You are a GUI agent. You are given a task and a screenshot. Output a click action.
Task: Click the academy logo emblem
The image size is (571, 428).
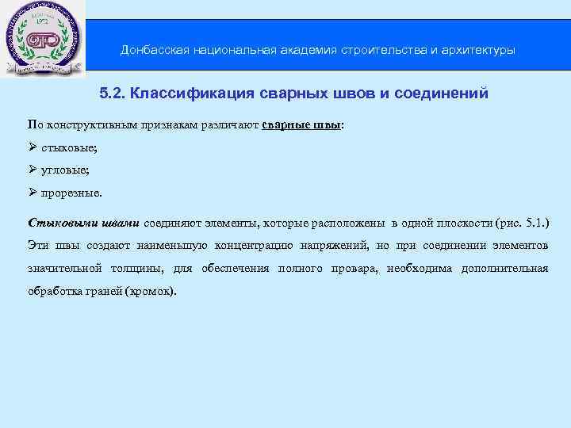point(40,40)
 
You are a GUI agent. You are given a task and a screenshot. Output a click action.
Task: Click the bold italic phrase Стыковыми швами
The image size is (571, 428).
point(83,221)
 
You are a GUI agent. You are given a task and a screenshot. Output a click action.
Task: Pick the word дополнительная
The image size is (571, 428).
point(503,268)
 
